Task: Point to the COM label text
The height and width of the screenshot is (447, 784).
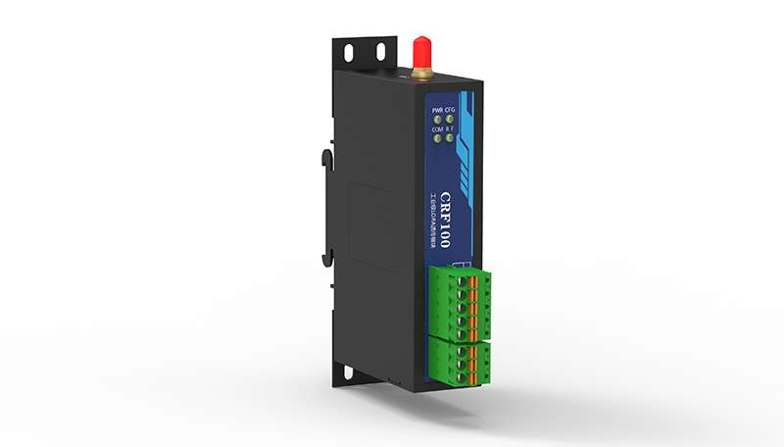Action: [436, 128]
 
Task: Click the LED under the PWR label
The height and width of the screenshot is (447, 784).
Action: [437, 119]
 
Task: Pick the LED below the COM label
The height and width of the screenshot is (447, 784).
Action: [436, 138]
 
